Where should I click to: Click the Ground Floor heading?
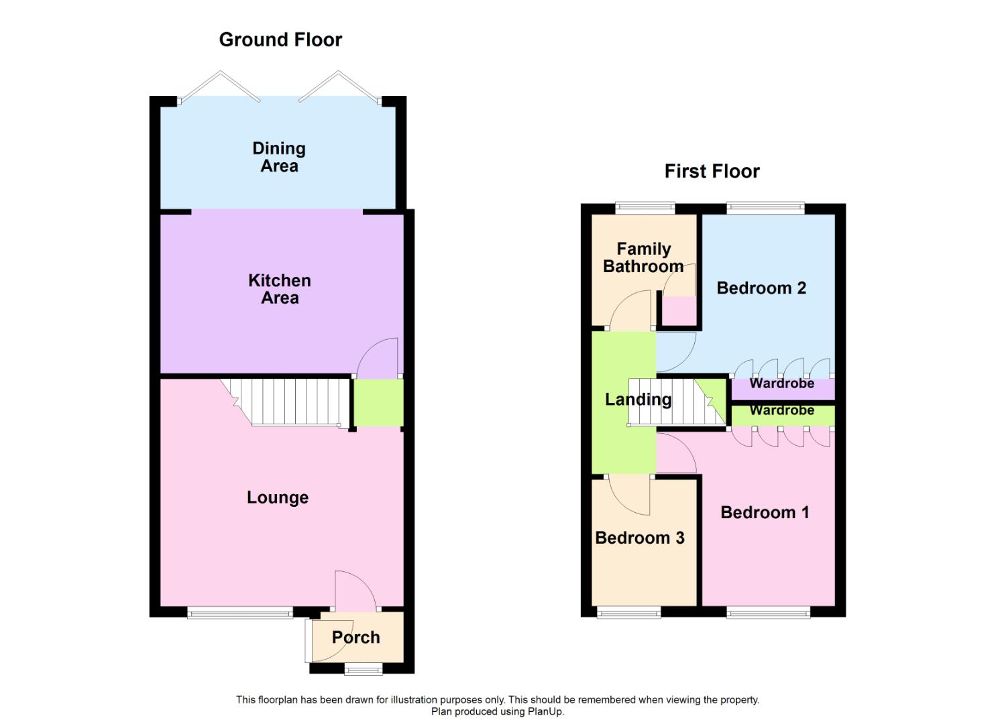tap(280, 40)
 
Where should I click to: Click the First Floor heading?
tap(712, 172)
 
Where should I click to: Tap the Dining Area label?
tap(279, 158)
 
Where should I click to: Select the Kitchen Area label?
tap(280, 290)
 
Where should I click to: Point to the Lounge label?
tap(278, 497)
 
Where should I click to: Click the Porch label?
tap(355, 638)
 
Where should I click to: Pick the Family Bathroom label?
tap(643, 258)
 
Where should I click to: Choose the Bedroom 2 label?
tap(761, 288)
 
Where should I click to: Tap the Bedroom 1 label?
tap(765, 513)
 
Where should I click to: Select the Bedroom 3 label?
tap(640, 538)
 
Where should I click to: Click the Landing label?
tap(638, 400)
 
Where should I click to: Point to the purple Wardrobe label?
tap(782, 384)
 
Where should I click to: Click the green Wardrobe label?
tap(782, 410)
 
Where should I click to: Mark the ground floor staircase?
tap(288, 402)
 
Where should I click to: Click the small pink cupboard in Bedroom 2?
tap(679, 310)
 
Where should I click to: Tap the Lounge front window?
tap(240, 611)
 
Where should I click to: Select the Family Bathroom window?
tap(645, 208)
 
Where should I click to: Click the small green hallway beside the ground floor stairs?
tap(378, 403)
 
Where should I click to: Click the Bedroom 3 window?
tap(629, 611)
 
